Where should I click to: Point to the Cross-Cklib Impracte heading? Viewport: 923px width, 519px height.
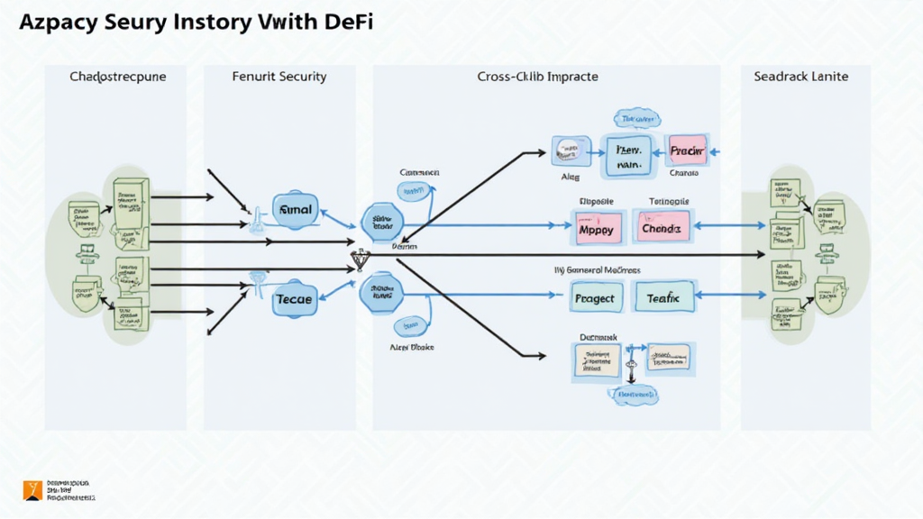(537, 77)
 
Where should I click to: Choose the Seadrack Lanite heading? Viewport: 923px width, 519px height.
(800, 77)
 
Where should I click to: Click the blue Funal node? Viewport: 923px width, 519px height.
(295, 210)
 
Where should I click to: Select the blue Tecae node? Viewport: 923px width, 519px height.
(294, 298)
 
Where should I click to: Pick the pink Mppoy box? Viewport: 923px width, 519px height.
(596, 229)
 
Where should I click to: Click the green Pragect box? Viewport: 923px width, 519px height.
(596, 297)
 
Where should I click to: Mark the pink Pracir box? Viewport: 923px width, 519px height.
(690, 150)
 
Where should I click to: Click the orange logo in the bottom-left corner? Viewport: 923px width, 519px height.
(32, 490)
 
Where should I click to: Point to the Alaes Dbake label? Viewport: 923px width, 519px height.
(411, 346)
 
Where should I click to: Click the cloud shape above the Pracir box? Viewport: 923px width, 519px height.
(635, 118)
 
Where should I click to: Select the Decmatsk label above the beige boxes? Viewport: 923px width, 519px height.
(598, 335)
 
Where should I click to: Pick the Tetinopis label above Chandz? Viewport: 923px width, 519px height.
(669, 201)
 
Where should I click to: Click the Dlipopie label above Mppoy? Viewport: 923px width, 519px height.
(596, 201)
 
